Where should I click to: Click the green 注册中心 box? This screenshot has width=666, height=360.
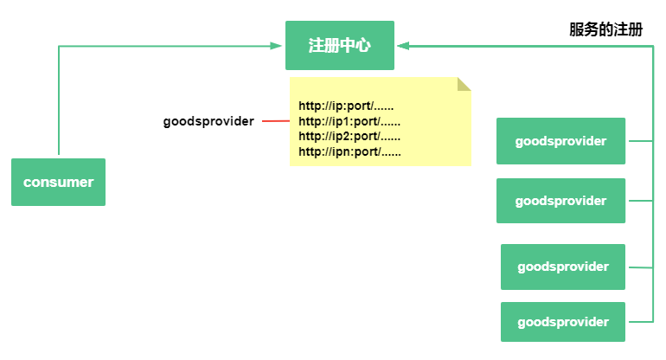tap(340, 46)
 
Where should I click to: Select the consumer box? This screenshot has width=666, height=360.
tap(58, 182)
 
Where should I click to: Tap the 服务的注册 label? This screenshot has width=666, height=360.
tap(605, 29)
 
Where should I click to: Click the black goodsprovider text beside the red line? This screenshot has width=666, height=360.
tap(208, 121)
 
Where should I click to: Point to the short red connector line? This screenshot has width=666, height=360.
tap(276, 121)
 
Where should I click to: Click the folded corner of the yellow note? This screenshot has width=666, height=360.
tap(464, 84)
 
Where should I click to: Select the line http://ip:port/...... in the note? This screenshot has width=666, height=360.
tap(346, 106)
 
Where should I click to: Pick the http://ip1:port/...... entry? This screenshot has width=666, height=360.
tap(349, 121)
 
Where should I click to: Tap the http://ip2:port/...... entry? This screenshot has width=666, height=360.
tap(349, 137)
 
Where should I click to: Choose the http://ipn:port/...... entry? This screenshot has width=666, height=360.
tap(349, 151)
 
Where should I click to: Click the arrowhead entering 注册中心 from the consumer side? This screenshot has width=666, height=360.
tap(276, 46)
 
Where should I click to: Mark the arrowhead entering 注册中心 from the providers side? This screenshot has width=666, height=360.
tap(403, 46)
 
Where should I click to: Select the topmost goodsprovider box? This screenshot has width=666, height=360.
tap(560, 141)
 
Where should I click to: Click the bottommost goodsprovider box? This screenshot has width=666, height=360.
tap(563, 322)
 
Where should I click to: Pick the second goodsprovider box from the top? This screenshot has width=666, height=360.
tap(560, 201)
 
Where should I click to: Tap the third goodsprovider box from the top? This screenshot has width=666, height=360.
tap(563, 267)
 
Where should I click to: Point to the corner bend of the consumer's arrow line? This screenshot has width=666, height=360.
tap(59, 46)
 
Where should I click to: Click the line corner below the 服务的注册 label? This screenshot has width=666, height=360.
tap(653, 47)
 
